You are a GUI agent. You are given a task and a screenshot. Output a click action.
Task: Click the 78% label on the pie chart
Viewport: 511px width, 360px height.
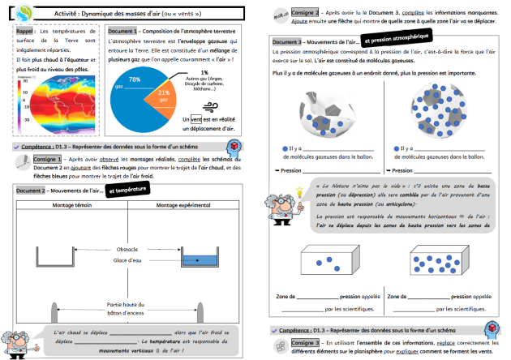(x=135, y=79)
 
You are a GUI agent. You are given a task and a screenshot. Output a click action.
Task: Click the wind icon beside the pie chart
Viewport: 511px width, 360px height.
(x=210, y=105)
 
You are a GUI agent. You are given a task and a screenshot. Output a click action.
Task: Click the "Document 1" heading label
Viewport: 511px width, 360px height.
(x=122, y=29)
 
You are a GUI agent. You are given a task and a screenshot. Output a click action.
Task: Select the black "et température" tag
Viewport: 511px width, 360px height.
(x=126, y=189)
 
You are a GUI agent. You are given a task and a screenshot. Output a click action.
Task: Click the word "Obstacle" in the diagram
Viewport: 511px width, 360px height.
(x=127, y=248)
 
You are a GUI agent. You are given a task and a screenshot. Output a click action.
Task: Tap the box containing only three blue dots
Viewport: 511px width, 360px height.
(x=328, y=261)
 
